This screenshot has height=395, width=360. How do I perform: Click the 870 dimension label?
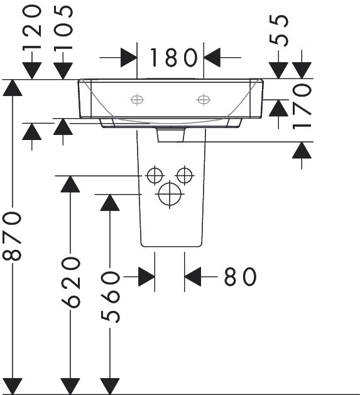click(12, 236)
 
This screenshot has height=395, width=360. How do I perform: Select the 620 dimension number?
click(70, 282)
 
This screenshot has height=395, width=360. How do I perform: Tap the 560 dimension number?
click(110, 297)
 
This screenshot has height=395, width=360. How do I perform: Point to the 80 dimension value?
click(240, 276)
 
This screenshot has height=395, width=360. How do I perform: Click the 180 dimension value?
click(173, 57)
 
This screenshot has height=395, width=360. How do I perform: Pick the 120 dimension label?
click(32, 28)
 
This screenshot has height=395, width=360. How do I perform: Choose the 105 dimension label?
click(63, 28)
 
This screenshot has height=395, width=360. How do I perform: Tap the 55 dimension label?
click(278, 31)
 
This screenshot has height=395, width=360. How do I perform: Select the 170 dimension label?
click(302, 107)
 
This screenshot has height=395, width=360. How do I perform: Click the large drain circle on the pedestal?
click(170, 194)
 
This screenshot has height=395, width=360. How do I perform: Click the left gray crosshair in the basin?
click(137, 100)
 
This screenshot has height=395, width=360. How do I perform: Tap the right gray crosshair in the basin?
click(204, 100)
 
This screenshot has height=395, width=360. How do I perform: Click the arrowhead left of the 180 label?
click(129, 57)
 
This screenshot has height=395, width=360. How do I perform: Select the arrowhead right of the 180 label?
click(212, 57)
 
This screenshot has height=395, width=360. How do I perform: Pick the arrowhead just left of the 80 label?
click(193, 276)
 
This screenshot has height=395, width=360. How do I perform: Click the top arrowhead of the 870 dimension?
click(13, 88)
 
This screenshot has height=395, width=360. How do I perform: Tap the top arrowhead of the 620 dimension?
click(70, 184)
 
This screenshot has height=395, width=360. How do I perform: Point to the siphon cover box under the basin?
click(171, 135)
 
